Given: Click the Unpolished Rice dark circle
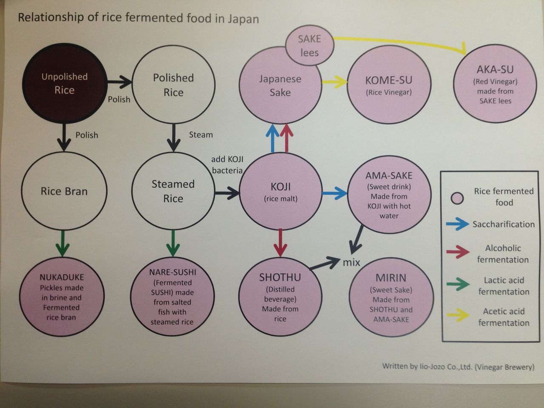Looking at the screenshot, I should click(x=64, y=84).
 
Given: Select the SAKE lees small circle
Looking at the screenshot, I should click(x=309, y=46).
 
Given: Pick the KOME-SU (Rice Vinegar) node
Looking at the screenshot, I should click(x=389, y=85).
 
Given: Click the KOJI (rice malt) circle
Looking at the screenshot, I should click(x=280, y=191).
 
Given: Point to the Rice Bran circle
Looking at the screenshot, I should click(x=64, y=191).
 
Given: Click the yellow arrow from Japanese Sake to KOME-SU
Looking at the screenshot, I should click(x=334, y=82).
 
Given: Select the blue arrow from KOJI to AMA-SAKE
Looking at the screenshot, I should click(x=334, y=193).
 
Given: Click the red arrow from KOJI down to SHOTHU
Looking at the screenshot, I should click(x=280, y=242).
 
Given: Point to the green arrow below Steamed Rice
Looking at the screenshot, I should click(x=173, y=243).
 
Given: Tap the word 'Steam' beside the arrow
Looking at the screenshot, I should click(x=201, y=135).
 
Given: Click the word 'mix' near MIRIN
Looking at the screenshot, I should click(x=351, y=262).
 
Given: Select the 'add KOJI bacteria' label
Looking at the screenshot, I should click(x=227, y=165).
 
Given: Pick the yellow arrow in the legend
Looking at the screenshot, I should click(x=458, y=315).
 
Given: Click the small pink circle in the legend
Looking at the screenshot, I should click(x=457, y=198).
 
